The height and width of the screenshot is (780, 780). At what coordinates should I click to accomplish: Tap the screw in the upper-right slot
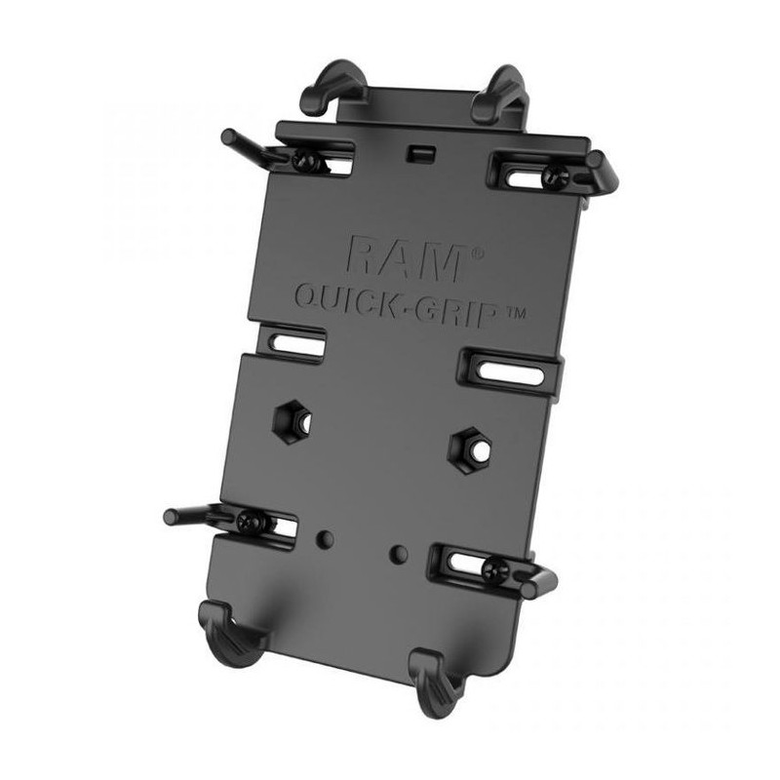tap(556, 176)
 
